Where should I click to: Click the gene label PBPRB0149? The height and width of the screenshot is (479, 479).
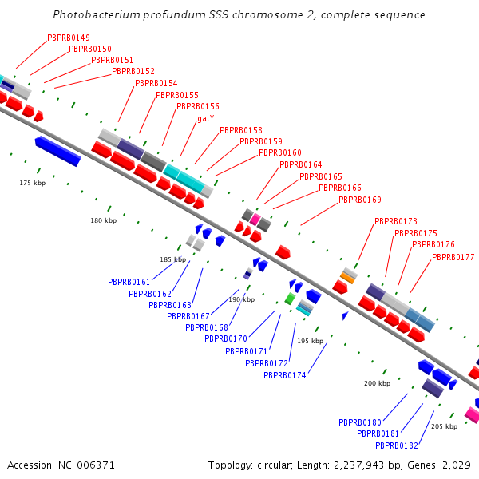(x=69, y=38)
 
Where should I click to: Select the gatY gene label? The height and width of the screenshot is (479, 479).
(x=205, y=118)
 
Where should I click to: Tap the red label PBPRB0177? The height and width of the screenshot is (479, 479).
(x=453, y=257)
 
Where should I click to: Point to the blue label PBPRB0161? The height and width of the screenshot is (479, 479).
(x=129, y=282)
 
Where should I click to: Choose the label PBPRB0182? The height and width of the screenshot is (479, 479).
(x=397, y=445)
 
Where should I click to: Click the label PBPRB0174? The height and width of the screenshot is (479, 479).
(x=284, y=375)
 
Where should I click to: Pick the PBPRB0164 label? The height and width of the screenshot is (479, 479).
(x=300, y=164)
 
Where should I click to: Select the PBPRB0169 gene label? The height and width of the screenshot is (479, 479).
(x=359, y=200)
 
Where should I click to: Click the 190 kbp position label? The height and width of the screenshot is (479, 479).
(x=241, y=299)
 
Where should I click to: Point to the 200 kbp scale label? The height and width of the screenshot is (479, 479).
(x=377, y=383)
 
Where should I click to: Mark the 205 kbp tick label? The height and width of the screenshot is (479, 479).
(x=444, y=426)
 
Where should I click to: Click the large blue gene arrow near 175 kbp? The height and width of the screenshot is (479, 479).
(x=57, y=151)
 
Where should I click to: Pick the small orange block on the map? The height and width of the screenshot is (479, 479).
(x=347, y=277)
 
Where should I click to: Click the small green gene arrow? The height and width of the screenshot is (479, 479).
(x=289, y=298)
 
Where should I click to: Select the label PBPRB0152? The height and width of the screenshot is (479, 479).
(x=133, y=71)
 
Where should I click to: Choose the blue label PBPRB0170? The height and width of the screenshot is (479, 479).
(x=225, y=338)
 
